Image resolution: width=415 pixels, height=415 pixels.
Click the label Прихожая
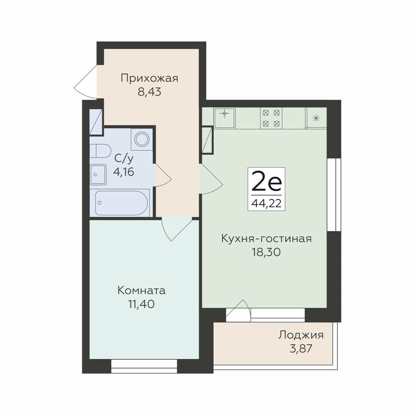(x=149, y=79)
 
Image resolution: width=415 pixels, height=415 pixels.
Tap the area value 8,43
(x=149, y=92)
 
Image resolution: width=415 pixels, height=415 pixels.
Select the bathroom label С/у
(x=124, y=159)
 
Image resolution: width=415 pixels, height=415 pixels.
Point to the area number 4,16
(x=124, y=172)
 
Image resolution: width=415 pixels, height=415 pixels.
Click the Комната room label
(x=141, y=290)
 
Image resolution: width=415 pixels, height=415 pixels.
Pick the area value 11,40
(x=141, y=304)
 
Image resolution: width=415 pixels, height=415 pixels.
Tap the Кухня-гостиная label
(x=267, y=239)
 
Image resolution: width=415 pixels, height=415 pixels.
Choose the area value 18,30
(x=266, y=252)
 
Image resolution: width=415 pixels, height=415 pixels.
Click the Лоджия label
(x=301, y=335)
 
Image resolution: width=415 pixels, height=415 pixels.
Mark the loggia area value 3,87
(x=301, y=349)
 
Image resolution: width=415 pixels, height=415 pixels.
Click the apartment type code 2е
(x=266, y=181)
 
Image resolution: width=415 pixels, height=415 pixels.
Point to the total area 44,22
(x=266, y=203)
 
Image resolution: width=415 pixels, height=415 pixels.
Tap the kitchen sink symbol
(x=224, y=118)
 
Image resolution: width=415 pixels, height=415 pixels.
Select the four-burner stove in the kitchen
(x=271, y=118)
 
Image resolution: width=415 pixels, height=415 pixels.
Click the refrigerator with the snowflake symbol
(x=316, y=118)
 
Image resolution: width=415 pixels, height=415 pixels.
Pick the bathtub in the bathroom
(x=121, y=203)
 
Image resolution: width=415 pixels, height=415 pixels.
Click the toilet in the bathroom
(x=100, y=151)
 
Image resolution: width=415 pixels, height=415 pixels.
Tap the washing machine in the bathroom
(x=142, y=139)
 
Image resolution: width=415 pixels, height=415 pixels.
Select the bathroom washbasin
(x=98, y=174)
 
